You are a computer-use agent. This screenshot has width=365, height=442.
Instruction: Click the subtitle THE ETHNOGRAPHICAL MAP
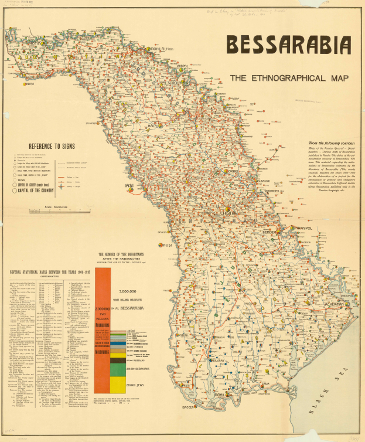[289, 78]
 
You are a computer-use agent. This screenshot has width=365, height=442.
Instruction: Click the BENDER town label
[269, 233]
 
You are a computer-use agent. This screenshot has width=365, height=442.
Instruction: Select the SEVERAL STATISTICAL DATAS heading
[46, 271]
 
